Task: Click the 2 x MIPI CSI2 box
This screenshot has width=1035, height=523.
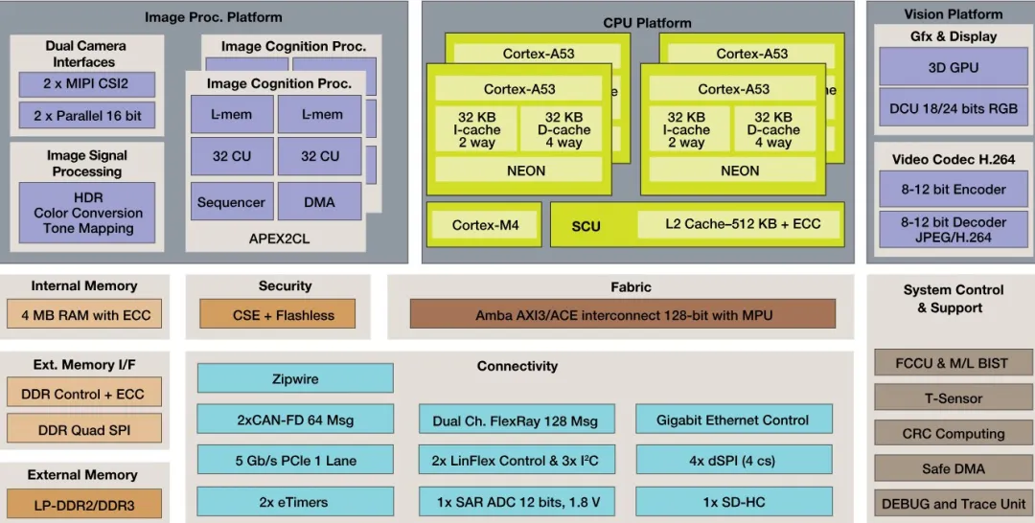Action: [x=86, y=84]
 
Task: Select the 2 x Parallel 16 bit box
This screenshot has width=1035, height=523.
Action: [x=86, y=116]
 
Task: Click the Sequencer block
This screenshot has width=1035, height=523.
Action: [x=231, y=202]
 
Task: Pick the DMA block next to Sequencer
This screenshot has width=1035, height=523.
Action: [x=319, y=202]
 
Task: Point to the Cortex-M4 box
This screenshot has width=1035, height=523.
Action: [x=484, y=225]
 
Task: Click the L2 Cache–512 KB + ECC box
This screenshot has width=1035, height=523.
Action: [x=743, y=225]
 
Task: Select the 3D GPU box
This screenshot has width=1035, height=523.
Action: [x=953, y=68]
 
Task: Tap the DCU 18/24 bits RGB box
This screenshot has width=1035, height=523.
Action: [x=953, y=108]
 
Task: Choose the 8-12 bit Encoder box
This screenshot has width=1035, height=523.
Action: [x=953, y=190]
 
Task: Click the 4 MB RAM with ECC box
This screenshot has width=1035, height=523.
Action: [x=85, y=314]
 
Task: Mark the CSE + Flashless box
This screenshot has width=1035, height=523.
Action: [x=277, y=314]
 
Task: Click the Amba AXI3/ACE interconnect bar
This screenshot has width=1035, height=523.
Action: [x=623, y=314]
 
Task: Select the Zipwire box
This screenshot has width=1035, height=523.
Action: [x=295, y=378]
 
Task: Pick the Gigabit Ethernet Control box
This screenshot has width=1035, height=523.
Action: [x=733, y=420]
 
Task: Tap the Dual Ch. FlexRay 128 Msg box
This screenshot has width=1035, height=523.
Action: [x=515, y=420]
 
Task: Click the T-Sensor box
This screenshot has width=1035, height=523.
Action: [x=954, y=398]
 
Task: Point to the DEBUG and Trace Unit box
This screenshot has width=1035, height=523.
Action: [x=954, y=503]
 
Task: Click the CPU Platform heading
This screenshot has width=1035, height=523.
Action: [x=647, y=23]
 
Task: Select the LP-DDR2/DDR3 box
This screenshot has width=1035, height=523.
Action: [x=84, y=503]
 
